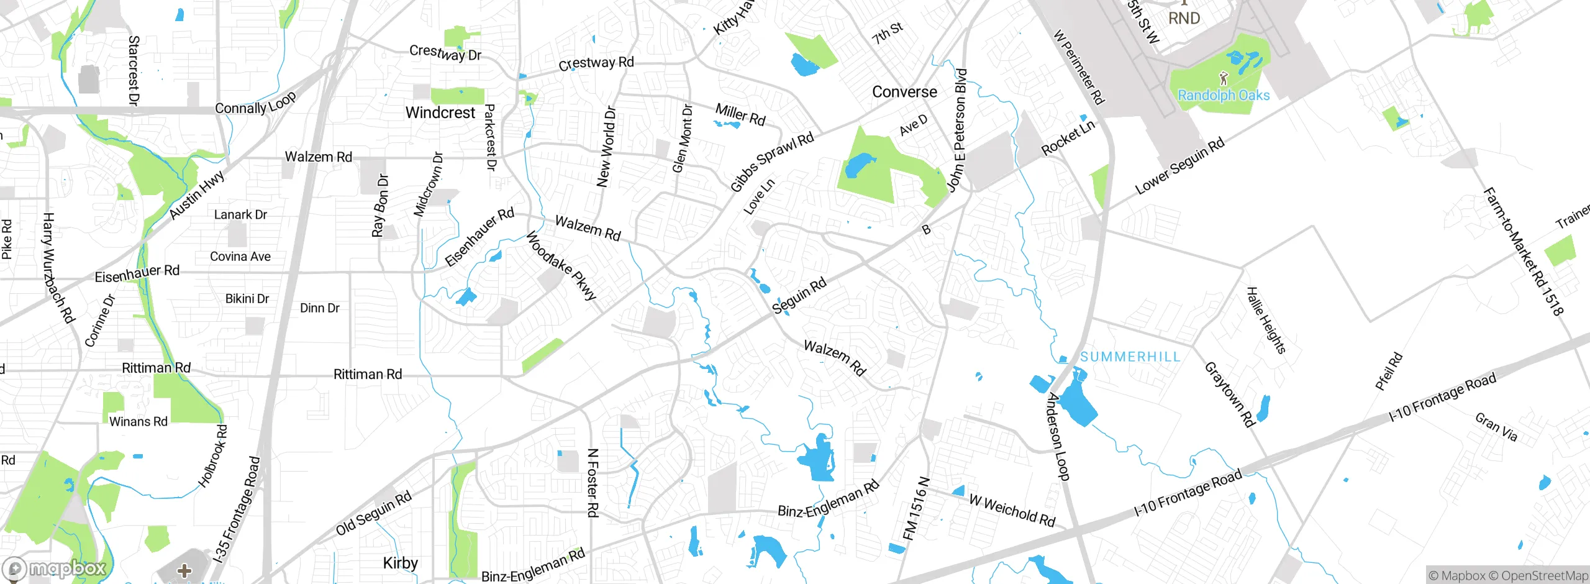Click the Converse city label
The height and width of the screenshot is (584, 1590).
[x=904, y=92]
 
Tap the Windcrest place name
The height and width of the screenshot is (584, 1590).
[x=440, y=112]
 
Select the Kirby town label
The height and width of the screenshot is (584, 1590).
[x=400, y=563]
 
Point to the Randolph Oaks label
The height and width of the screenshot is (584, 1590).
[x=1224, y=95]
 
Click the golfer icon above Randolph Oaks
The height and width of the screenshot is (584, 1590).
[x=1224, y=78]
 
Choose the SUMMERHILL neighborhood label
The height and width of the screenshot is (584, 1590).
[x=1130, y=357]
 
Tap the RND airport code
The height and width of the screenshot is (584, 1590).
[x=1184, y=18]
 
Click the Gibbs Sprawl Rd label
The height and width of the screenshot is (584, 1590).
[x=771, y=162]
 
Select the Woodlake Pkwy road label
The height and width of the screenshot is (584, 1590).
[x=561, y=265]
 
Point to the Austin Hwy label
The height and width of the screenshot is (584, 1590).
[x=197, y=195]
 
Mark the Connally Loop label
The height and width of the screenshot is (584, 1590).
[x=255, y=104]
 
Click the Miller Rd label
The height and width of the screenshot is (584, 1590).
[x=740, y=114]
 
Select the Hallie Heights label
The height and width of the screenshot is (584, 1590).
[x=1266, y=320]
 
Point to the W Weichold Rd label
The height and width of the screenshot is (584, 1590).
[x=1012, y=510]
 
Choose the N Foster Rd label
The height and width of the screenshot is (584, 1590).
[x=593, y=483]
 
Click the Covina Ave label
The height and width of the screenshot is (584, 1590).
[x=240, y=257]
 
